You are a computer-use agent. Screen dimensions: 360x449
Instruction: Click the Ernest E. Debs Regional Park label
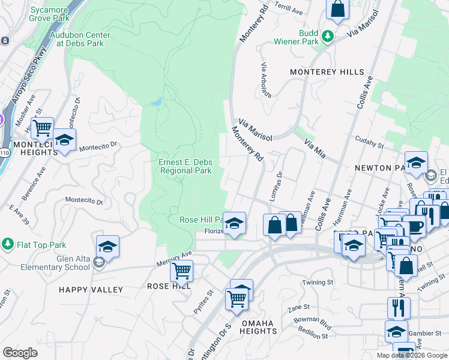coord(185,166)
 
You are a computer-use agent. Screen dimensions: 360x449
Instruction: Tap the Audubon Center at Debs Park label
coord(77,39)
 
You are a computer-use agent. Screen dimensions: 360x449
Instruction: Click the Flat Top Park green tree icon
coord(7,244)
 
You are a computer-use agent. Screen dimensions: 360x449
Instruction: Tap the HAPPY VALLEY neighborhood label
coord(91,290)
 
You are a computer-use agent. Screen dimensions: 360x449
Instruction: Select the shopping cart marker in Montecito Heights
coord(42,128)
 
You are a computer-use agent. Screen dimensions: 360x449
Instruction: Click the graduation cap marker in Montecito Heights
coord(64,140)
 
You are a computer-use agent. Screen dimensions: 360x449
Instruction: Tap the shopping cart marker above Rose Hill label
coord(181,270)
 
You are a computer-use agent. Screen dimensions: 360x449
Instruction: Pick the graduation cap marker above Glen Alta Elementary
coord(107,247)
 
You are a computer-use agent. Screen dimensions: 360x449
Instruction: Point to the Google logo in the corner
coord(20,353)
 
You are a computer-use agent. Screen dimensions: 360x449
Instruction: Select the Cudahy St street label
coord(369,144)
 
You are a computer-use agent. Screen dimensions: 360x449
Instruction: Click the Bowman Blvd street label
coord(317,328)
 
